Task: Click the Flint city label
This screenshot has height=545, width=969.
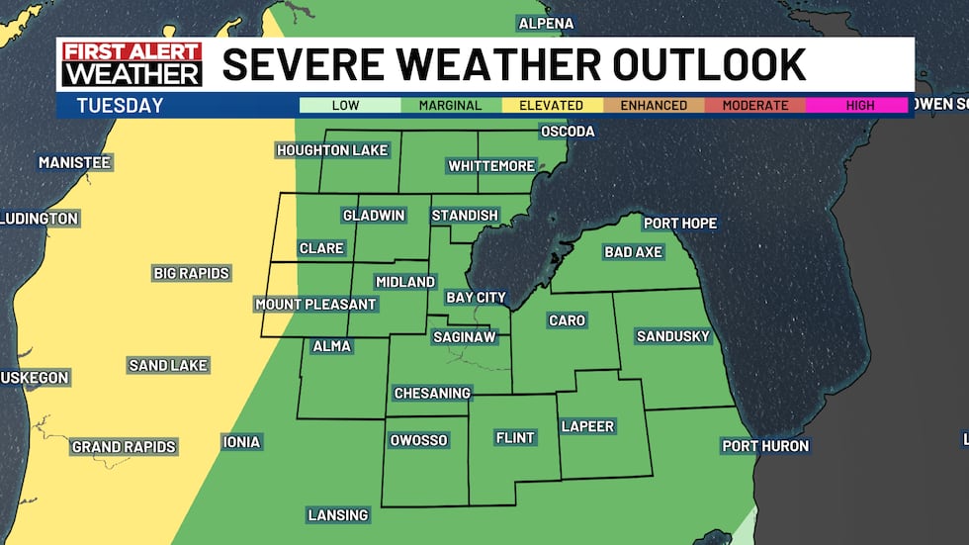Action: (x=516, y=438)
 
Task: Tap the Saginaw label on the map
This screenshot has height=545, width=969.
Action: (x=464, y=337)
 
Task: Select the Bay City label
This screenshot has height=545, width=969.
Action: (x=476, y=297)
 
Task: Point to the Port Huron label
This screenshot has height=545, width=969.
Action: (x=765, y=446)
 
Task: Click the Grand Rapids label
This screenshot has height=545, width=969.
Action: (x=124, y=447)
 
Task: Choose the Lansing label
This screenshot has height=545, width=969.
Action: (x=338, y=515)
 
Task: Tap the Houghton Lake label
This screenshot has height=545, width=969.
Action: (x=332, y=150)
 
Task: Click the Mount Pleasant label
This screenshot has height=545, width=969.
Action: (x=315, y=304)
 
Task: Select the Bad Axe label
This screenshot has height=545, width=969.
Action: (x=633, y=252)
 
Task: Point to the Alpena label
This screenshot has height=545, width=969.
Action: (x=545, y=24)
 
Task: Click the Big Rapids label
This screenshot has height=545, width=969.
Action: (x=191, y=273)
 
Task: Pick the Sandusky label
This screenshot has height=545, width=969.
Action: (x=673, y=336)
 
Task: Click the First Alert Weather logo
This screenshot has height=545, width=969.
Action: (x=132, y=63)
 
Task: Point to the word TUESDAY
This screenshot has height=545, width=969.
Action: (x=120, y=106)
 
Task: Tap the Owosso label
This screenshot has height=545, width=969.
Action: (x=419, y=440)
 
